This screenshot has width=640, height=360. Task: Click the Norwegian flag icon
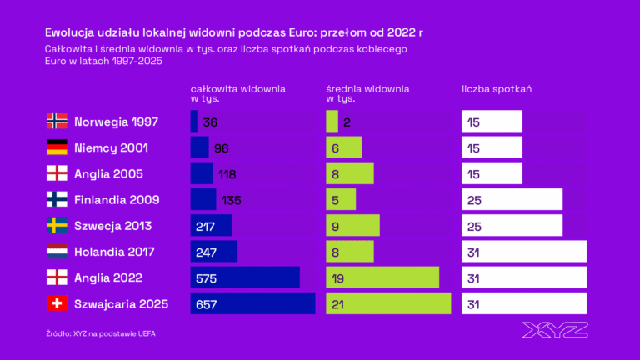point(57,122)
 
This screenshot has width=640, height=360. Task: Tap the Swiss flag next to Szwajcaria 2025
point(57,304)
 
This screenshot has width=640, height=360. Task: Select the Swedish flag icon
point(57,226)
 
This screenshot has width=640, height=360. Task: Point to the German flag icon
point(57,147)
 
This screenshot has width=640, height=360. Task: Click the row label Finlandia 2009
point(117,200)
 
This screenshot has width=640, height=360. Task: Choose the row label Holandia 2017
point(114,252)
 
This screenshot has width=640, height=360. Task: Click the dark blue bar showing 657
point(252,304)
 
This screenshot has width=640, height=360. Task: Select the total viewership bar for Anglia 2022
point(245,278)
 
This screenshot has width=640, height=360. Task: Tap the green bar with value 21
point(387,304)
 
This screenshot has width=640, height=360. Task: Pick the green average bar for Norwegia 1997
point(332,122)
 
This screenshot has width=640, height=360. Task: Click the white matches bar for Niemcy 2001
point(492,147)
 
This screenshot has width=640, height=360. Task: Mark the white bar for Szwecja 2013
point(512,226)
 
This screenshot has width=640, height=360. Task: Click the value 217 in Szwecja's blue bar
point(205,226)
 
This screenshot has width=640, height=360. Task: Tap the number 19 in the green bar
point(338,278)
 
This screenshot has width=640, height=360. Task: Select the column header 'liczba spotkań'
point(497,88)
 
